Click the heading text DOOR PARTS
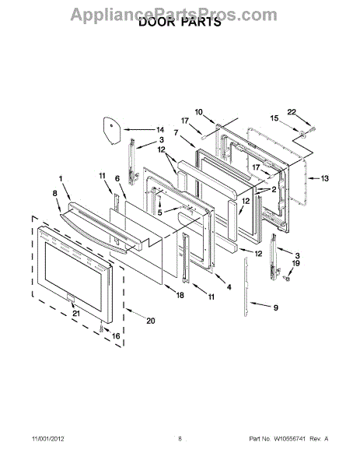180,22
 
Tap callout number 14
160,130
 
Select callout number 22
292,112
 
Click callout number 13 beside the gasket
324,178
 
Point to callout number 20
151,321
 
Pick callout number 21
76,314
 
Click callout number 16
116,336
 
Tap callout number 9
276,307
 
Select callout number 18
180,295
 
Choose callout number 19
296,263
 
